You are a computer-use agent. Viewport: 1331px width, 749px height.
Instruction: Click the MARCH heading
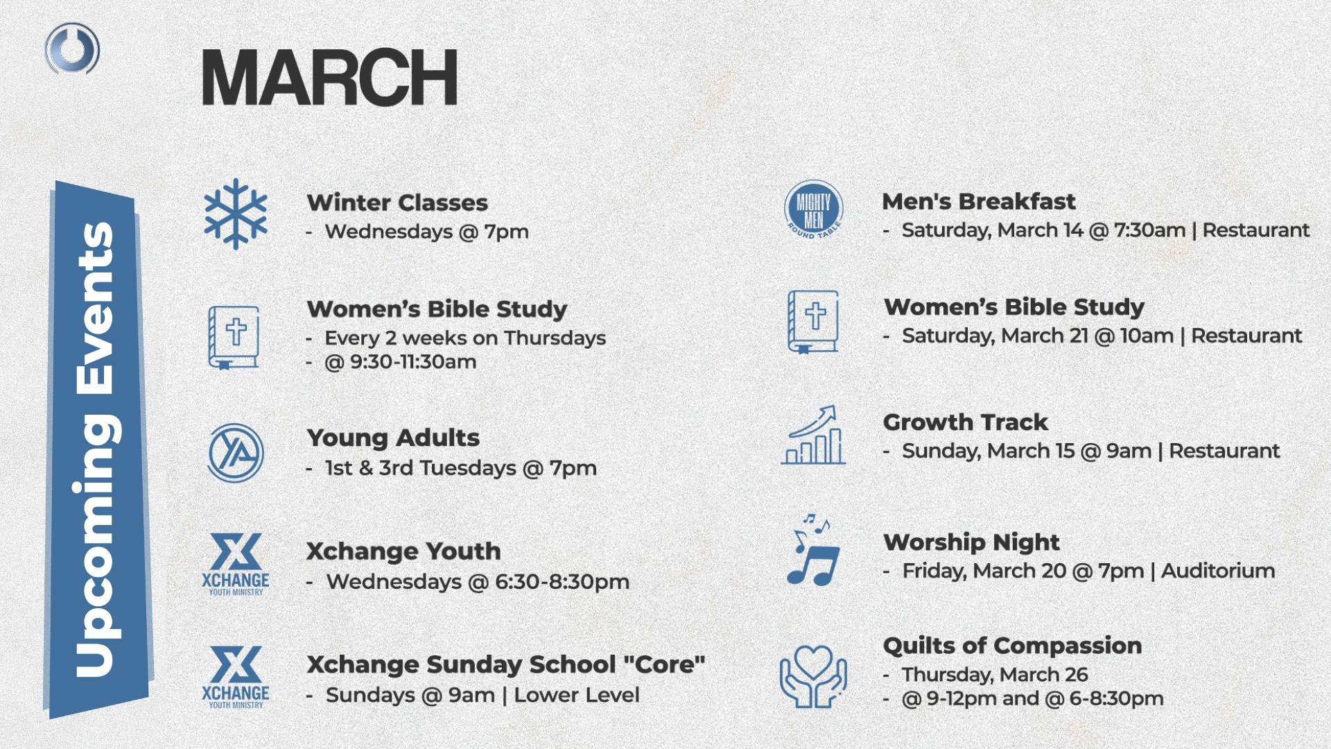[x=329, y=77]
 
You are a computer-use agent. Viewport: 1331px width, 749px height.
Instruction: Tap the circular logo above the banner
[x=72, y=49]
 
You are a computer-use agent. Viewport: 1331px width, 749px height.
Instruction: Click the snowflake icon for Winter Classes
[x=236, y=214]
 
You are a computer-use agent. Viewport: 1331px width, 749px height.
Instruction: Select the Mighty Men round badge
[x=814, y=210]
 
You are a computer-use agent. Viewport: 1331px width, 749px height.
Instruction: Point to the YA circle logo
[x=236, y=453]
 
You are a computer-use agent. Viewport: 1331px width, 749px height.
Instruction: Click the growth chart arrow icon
[x=813, y=435]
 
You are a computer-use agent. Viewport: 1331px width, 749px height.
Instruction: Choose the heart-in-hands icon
[x=813, y=676]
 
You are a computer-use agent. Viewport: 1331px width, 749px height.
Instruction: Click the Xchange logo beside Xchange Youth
[x=236, y=565]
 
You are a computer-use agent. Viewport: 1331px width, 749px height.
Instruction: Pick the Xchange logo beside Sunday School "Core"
[x=236, y=678]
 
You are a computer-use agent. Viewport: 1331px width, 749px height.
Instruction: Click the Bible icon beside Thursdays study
[x=234, y=338]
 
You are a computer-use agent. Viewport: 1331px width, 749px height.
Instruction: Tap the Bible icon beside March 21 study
[x=813, y=322]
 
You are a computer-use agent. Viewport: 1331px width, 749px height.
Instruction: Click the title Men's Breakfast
[x=978, y=202]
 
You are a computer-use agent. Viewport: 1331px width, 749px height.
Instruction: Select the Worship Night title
[x=971, y=542]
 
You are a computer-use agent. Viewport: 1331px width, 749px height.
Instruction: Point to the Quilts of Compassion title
[x=1012, y=646]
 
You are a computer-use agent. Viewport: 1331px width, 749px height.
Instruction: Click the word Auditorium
[x=1218, y=571]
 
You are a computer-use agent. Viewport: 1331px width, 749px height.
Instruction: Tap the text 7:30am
[x=1149, y=230]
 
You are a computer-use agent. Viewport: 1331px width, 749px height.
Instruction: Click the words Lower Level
[x=577, y=695]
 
